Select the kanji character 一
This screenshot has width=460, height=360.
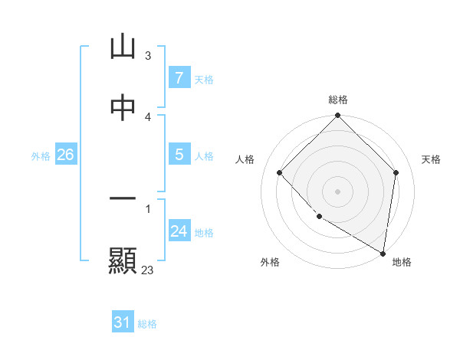123,200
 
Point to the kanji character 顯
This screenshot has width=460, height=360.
123,261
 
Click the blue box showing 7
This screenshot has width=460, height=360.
179,78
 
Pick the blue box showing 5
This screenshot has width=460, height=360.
179,155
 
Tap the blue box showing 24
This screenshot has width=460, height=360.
179,231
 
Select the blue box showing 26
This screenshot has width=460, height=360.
65,155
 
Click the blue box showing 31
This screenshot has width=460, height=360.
123,322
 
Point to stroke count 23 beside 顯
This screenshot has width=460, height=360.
148,270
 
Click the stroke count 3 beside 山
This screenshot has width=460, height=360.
148,55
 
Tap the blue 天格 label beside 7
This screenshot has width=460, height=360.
204,79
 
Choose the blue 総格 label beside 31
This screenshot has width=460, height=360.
147,324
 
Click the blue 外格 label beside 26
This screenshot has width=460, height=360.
41,155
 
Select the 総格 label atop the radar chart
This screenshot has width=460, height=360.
338,100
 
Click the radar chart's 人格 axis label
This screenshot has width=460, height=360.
245,159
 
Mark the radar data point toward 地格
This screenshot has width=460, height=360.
382,252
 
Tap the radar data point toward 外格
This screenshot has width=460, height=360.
319,217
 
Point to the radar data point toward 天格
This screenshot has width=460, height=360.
396,172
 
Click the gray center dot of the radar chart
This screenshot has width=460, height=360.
338,191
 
